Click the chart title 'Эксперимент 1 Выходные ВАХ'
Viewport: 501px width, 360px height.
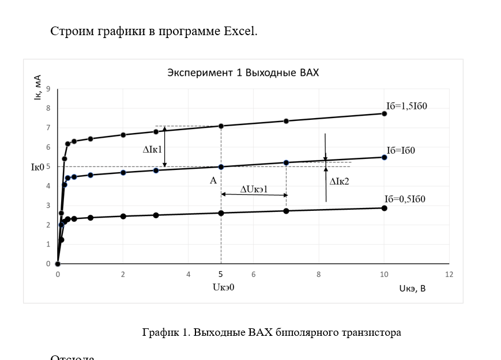tap(243, 73)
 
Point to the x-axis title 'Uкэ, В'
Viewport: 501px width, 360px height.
tap(412, 289)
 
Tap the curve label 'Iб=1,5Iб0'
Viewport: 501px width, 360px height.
tap(410, 106)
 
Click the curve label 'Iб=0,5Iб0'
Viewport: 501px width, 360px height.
tap(409, 199)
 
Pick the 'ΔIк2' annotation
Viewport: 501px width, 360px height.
tap(340, 181)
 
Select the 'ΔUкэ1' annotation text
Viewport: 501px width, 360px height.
tap(254, 189)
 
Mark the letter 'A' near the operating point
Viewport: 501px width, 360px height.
tap(213, 180)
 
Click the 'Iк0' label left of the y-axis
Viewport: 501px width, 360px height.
tap(38, 168)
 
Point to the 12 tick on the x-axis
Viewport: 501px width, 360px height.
tap(449, 275)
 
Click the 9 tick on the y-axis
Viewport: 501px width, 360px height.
tap(48, 89)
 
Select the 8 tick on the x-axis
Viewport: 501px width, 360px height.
tap(318, 275)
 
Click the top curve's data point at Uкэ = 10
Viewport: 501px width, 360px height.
tap(384, 113)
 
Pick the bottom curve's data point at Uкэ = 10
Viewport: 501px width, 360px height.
tap(384, 208)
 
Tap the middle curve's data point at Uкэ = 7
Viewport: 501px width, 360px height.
tap(286, 162)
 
